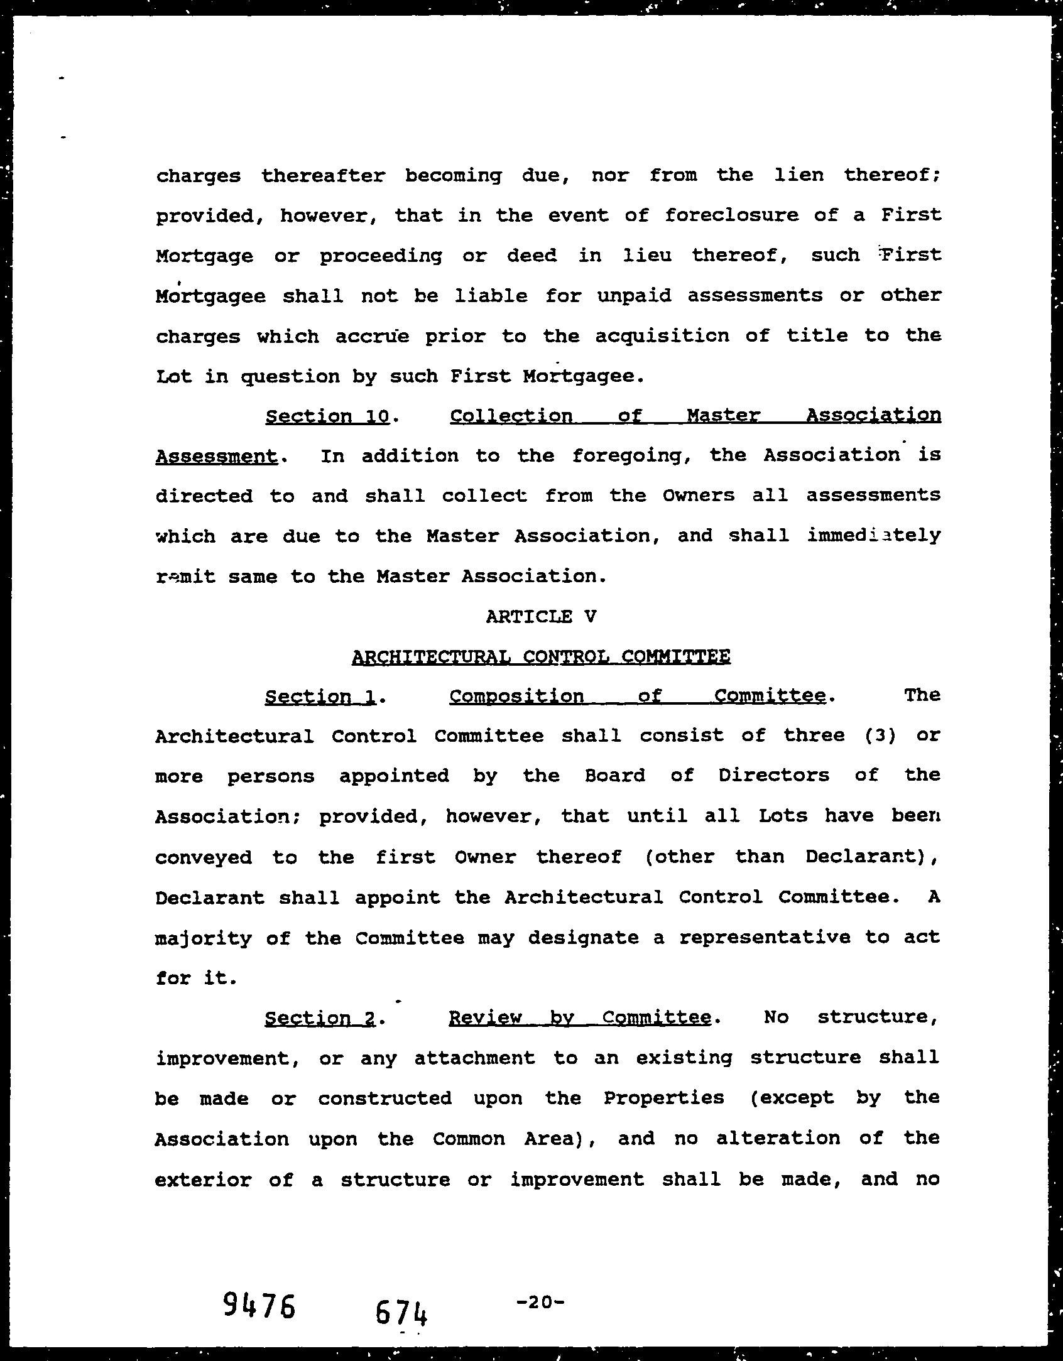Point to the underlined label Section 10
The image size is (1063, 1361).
327,416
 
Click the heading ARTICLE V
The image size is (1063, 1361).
540,616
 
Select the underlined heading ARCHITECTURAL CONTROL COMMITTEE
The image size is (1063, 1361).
541,657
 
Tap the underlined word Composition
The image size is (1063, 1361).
516,697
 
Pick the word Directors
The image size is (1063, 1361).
773,776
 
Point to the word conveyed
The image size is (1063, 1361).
203,857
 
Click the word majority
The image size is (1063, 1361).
202,938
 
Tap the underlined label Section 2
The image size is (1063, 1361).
320,1018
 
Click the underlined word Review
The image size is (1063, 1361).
485,1018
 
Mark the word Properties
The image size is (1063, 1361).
663,1098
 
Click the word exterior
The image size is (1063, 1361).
203,1179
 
